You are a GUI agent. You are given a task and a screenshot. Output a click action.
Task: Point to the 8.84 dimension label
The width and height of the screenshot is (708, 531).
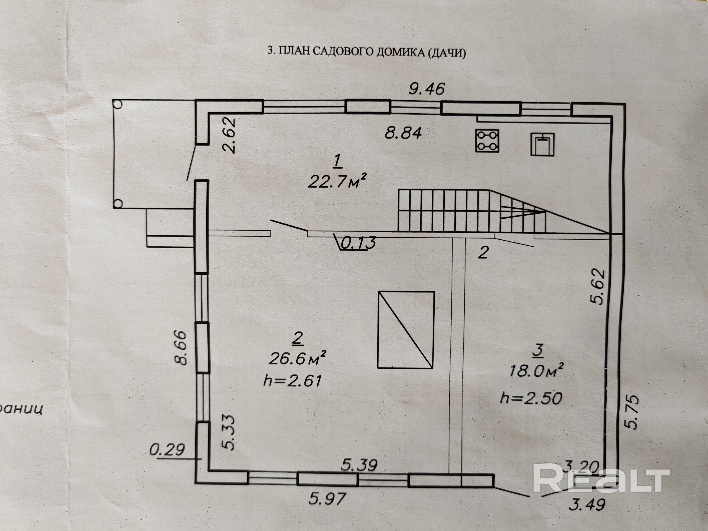[x=403, y=133]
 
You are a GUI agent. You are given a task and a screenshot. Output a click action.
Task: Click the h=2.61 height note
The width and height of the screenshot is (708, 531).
[x=292, y=381]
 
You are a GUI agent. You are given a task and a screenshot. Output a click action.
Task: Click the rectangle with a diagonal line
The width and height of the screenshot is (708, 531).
[x=406, y=330]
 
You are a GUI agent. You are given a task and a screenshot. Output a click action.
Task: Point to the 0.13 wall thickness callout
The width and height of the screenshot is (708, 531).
[x=358, y=243]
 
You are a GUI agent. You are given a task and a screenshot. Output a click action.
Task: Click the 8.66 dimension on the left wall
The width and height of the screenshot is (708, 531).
[x=181, y=348]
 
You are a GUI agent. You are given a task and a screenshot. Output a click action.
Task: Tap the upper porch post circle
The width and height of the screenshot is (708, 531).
[x=118, y=104]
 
